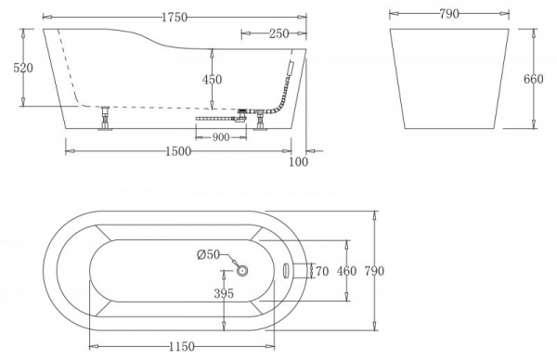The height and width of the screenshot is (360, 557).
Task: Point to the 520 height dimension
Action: (x=12, y=67)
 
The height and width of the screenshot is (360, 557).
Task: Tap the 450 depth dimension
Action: (x=213, y=80)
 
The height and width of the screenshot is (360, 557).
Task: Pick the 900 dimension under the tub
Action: (x=222, y=138)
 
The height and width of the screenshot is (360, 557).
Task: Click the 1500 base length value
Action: (x=179, y=151)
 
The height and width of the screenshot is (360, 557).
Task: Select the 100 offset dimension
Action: (x=298, y=162)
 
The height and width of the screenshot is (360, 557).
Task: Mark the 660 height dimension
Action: (x=534, y=79)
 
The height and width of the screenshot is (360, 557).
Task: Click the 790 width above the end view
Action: (x=452, y=16)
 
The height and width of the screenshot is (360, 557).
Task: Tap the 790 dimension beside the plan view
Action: (x=373, y=271)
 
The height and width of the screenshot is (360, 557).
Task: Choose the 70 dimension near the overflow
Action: (x=322, y=271)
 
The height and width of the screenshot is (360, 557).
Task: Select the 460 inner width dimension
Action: (x=346, y=271)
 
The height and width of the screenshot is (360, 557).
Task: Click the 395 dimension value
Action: (x=223, y=293)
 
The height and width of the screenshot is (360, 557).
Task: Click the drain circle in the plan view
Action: (x=244, y=270)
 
